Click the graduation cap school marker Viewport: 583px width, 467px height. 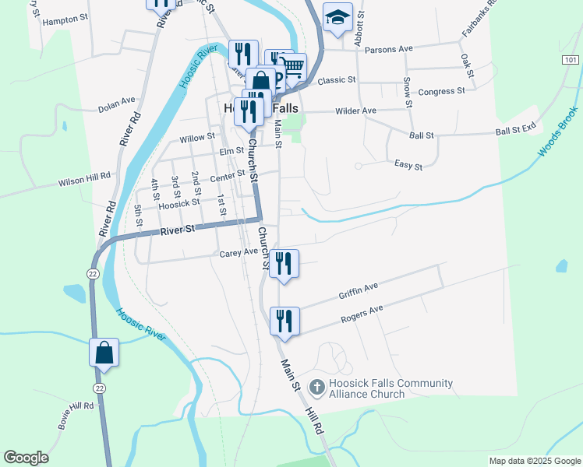[337, 18]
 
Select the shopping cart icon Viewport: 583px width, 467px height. [292, 68]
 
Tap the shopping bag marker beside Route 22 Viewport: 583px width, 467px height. [104, 353]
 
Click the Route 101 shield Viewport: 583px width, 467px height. [571, 60]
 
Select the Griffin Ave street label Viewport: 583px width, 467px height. [359, 291]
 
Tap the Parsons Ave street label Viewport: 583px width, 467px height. [393, 48]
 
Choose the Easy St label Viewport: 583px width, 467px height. [408, 166]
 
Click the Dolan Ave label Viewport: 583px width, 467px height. [117, 104]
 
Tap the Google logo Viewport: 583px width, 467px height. [26, 458]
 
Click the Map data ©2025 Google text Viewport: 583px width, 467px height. [534, 461]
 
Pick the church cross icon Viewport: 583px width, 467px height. [317, 385]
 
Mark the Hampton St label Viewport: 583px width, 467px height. [65, 21]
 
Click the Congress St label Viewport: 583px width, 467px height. [441, 91]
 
